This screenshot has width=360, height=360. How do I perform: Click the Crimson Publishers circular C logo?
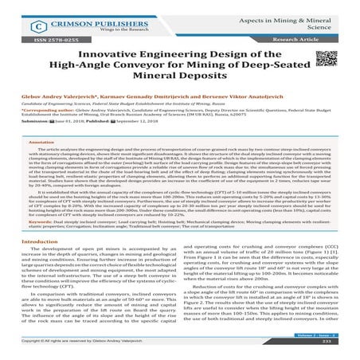(x=30, y=14)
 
